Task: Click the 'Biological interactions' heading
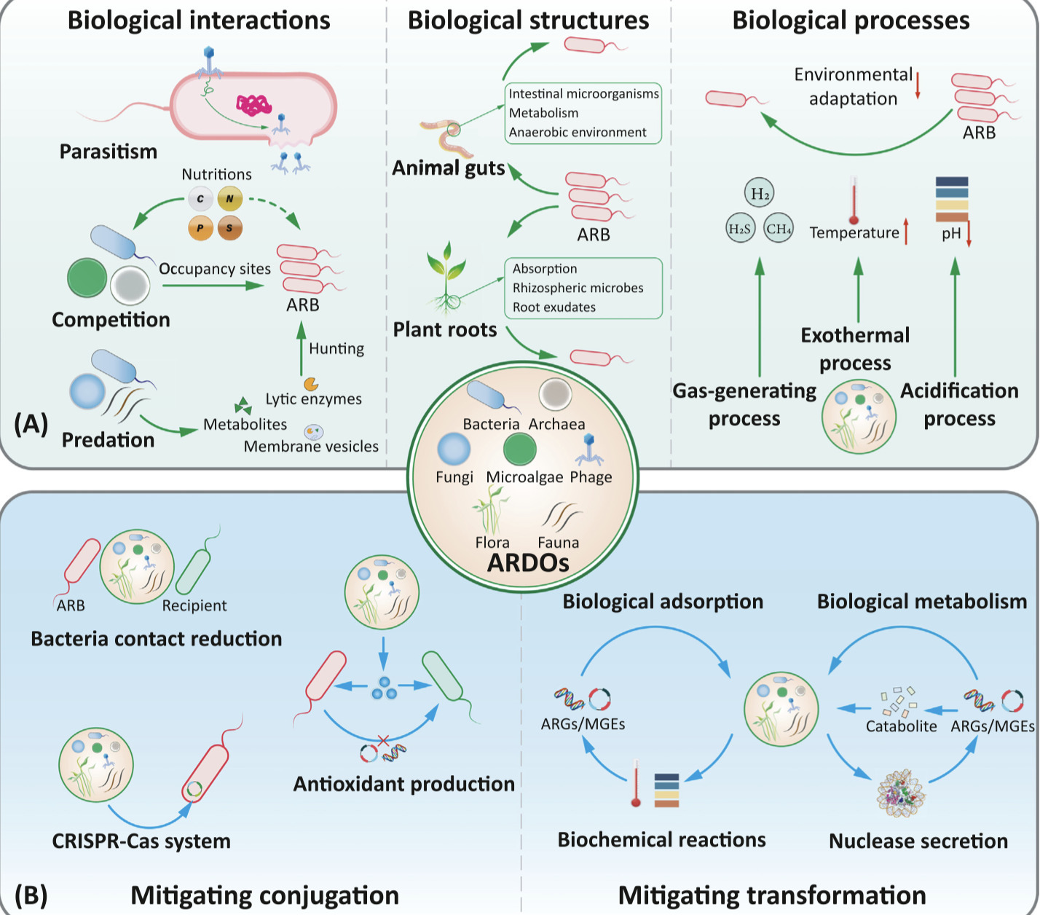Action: click(199, 20)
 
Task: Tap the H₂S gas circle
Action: click(739, 229)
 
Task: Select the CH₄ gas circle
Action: click(779, 229)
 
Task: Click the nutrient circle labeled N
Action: click(229, 199)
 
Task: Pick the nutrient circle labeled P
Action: click(200, 228)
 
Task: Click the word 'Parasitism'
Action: click(109, 152)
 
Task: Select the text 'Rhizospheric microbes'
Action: click(578, 288)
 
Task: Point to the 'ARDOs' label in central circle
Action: click(528, 562)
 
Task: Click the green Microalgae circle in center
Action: click(520, 449)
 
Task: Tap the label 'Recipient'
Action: click(194, 605)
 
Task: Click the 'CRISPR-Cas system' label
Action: click(141, 841)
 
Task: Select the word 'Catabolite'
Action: click(901, 726)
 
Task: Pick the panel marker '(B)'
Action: click(31, 895)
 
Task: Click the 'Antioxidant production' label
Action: click(403, 784)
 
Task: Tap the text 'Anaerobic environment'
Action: click(578, 132)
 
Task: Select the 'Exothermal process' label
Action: click(855, 349)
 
